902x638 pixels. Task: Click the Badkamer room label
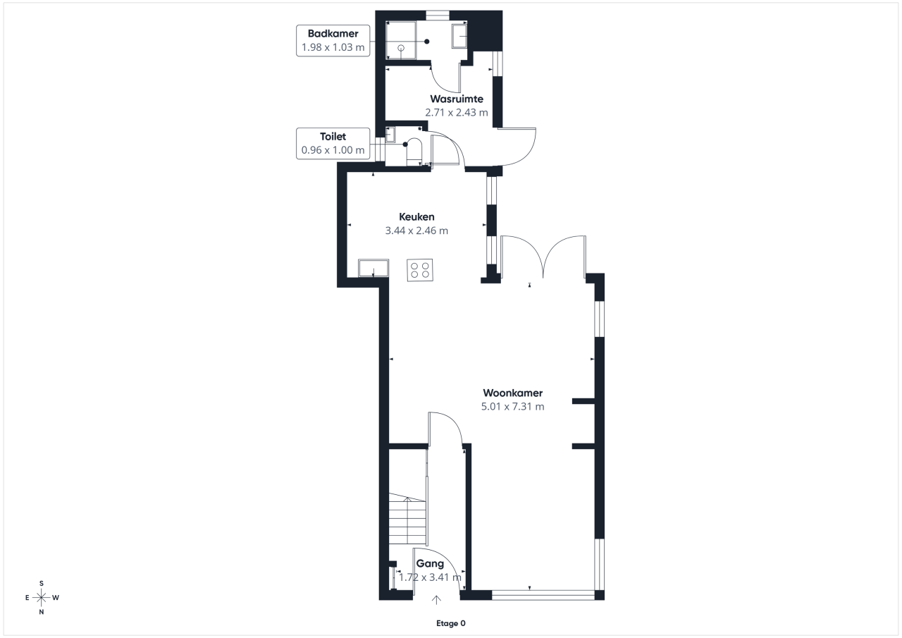333,33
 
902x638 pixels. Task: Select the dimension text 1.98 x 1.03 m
333,47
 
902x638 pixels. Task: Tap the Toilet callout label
333,137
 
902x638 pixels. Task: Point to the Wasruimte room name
457,99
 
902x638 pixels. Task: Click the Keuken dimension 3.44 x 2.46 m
416,231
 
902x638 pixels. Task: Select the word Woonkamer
512,393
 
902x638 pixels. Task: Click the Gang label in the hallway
430,564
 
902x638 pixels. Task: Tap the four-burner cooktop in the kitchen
420,270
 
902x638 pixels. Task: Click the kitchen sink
373,268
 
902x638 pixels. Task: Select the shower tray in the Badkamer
401,40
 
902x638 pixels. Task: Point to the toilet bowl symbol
414,152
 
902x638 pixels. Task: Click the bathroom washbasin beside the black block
459,36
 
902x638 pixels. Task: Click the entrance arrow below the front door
436,600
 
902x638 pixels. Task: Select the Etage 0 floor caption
450,623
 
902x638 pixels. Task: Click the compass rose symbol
41,598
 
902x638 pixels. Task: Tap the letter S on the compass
42,583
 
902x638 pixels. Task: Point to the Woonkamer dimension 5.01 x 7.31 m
512,406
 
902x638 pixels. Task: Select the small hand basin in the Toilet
390,134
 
